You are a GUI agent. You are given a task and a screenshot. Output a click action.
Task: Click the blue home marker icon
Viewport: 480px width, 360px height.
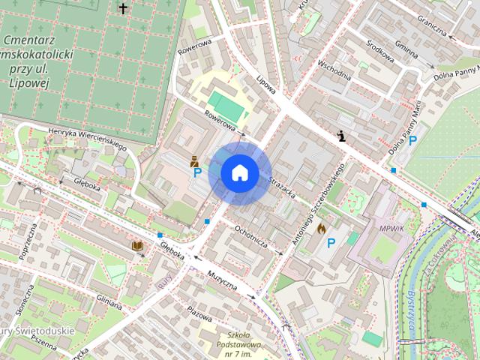tap(239, 173)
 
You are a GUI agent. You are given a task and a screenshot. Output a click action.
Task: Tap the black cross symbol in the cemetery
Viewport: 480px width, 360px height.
tap(123, 8)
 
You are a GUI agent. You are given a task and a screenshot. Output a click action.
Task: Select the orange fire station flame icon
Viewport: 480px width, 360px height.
tap(322, 228)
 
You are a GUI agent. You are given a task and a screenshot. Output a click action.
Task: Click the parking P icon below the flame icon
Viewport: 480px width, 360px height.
tap(331, 243)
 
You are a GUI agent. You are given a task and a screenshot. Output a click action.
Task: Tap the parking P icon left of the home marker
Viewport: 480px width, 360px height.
tap(197, 173)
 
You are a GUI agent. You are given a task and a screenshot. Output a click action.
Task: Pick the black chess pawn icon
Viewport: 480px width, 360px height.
tap(342, 136)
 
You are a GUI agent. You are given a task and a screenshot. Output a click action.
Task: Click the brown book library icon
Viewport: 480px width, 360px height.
tap(137, 245)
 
